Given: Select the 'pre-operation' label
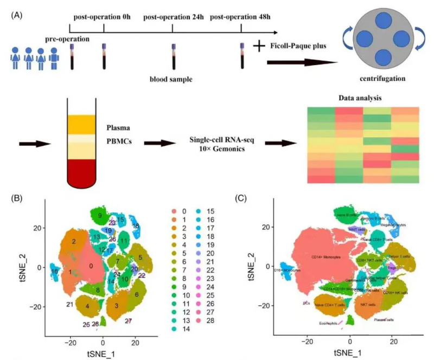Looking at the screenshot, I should coord(68,39).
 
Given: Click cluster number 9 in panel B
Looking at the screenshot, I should coord(100,216).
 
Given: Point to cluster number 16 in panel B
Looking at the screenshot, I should coord(54,271).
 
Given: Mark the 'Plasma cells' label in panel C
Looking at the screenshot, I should coord(386,319).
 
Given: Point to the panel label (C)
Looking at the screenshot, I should coord(241,198).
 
